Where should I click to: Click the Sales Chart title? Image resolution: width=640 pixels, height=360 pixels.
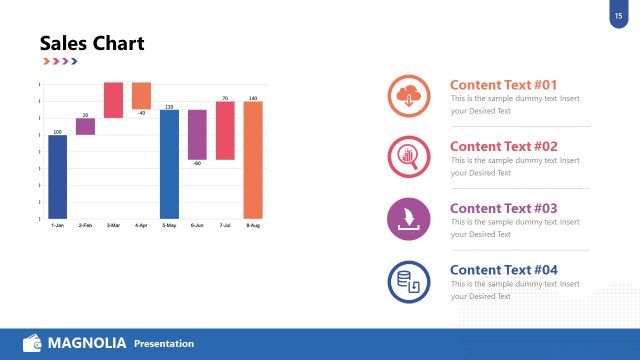[92, 43]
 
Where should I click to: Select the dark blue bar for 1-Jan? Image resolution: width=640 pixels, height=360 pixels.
[58, 176]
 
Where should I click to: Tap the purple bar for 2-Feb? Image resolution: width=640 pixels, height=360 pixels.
[86, 126]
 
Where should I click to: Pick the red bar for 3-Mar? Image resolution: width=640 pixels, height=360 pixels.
[113, 100]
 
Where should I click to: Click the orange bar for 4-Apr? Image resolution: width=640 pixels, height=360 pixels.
[141, 95]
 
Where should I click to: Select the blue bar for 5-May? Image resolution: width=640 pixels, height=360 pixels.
[169, 163]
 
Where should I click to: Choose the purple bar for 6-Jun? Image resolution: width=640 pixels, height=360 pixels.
[197, 134]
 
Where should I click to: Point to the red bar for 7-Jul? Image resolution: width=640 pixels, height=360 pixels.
[225, 130]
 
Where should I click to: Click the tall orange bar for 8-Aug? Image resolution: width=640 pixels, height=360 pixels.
[253, 159]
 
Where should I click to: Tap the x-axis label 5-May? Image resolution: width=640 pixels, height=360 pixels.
[169, 226]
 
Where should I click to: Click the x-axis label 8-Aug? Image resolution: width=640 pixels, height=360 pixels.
[253, 226]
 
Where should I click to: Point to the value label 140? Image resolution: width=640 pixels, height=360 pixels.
[253, 98]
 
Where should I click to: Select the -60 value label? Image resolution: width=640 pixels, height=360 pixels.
[197, 163]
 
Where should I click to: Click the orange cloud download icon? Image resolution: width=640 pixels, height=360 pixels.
[408, 96]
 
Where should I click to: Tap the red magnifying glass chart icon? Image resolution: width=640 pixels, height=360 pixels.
[408, 156]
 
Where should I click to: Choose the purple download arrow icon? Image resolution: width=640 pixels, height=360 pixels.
[408, 219]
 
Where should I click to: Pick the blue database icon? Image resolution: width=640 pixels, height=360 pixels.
[408, 281]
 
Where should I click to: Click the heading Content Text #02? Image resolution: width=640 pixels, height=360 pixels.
[503, 146]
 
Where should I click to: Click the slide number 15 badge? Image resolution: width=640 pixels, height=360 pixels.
[618, 15]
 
